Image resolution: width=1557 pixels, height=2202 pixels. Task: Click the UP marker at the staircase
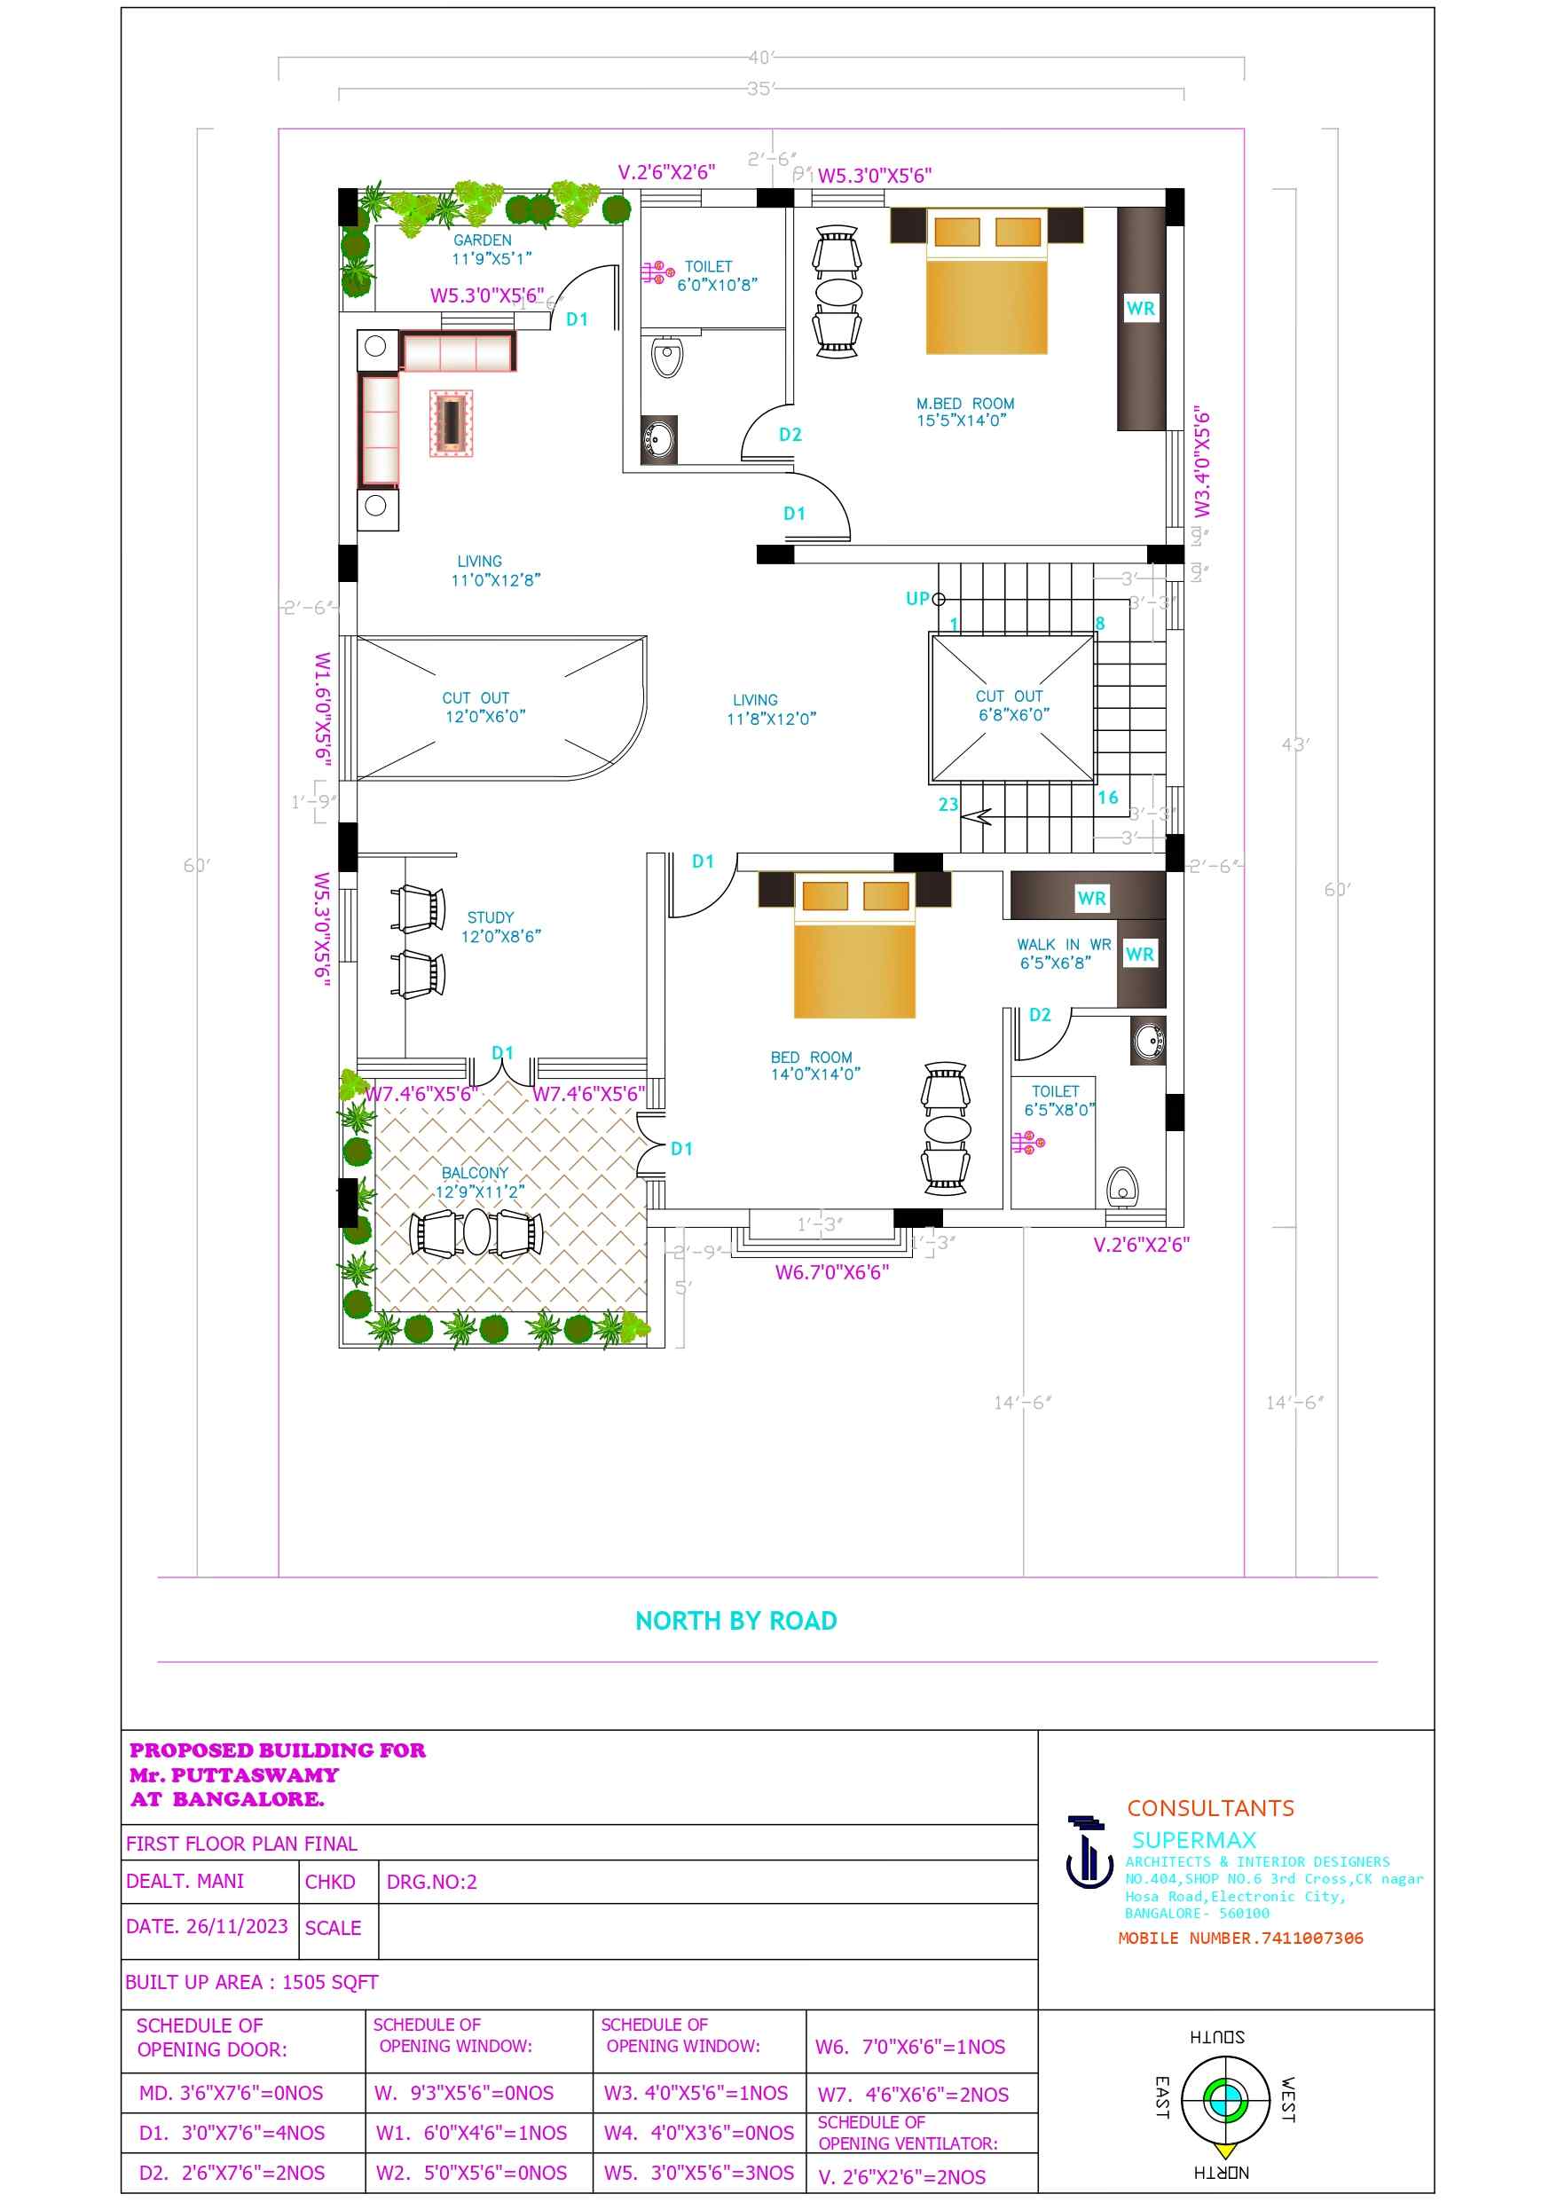[x=917, y=599]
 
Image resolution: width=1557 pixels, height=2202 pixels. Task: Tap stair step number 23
[x=948, y=804]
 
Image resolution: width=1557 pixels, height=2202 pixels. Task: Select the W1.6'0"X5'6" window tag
[x=323, y=709]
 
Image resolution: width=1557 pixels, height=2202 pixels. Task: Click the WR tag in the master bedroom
[x=1140, y=308]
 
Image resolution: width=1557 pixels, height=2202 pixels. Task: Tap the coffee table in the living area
[x=451, y=423]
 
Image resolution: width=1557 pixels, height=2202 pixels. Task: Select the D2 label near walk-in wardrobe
[x=1039, y=1015]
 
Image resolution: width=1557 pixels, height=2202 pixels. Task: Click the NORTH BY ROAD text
[x=735, y=1621]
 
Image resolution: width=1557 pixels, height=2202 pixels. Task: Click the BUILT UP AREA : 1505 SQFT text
[x=251, y=1981]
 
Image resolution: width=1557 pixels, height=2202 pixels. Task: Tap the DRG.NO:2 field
[x=431, y=1882]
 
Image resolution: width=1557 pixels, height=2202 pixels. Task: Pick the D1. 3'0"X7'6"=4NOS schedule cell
[x=232, y=2132]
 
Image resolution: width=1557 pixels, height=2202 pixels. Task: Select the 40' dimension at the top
[x=760, y=58]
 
